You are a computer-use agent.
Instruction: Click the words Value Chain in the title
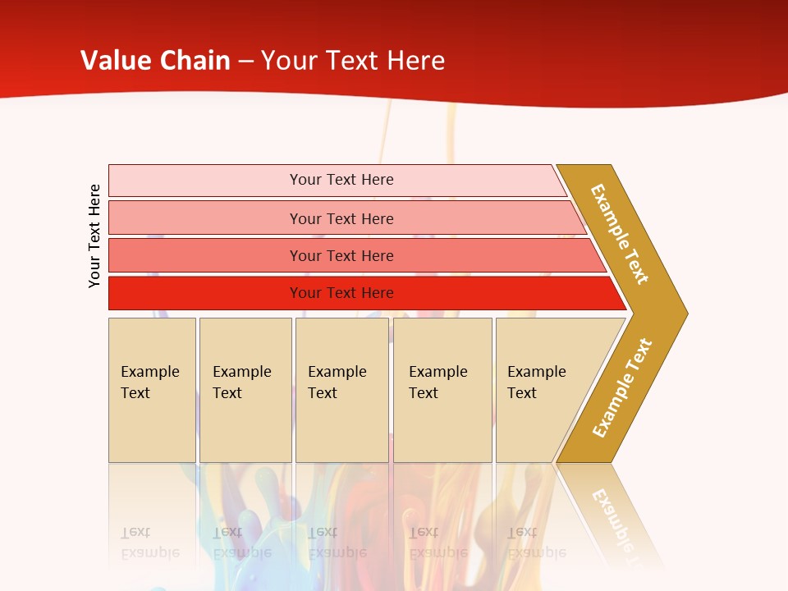155,61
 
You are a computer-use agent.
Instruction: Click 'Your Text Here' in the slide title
353,61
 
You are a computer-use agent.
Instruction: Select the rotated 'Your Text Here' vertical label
94,236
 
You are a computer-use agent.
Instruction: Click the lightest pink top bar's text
341,180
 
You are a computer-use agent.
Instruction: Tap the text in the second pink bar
341,218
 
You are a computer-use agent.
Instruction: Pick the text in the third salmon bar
341,256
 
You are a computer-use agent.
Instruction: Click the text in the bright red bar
341,293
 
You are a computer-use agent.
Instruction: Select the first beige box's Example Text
149,383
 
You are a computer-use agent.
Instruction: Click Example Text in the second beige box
241,383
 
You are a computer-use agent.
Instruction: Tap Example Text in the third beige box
337,383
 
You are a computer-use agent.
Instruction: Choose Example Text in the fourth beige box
438,383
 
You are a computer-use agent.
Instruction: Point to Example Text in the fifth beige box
536,383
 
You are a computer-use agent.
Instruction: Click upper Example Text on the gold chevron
620,234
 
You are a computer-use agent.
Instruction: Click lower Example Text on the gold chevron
621,387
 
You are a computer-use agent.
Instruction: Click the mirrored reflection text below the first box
149,542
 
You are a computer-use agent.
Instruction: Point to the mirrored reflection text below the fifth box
536,542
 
